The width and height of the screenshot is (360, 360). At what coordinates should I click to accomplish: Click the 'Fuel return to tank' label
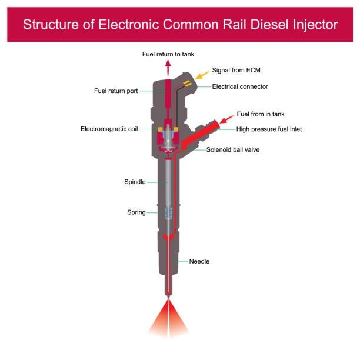(x=168, y=54)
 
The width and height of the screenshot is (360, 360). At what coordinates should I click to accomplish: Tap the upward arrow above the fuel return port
(x=168, y=68)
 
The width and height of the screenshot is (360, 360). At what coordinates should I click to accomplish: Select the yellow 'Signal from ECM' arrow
(x=202, y=75)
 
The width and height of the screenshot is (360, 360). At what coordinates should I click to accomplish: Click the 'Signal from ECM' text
(x=236, y=70)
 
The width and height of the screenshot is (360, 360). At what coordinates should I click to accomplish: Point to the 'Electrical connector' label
(x=240, y=86)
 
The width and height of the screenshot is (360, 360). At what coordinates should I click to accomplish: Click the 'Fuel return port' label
(x=116, y=91)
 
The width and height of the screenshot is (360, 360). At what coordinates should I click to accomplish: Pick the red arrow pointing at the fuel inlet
(x=227, y=119)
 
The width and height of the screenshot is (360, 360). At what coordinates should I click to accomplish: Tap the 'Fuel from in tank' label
(x=261, y=114)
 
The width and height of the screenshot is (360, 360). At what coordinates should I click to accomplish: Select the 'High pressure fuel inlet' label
(x=269, y=129)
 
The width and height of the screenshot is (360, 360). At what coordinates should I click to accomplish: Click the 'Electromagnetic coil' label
(x=109, y=129)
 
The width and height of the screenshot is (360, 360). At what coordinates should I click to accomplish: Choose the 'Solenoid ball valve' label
(x=233, y=149)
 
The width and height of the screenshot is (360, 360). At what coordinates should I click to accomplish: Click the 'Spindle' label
(x=135, y=182)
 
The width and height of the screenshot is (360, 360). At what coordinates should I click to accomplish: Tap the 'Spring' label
(x=136, y=212)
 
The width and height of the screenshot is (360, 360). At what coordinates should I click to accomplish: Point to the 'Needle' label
(x=199, y=261)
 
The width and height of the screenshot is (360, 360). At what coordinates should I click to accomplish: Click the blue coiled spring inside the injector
(x=168, y=213)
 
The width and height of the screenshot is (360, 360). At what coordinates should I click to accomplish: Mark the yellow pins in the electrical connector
(x=187, y=84)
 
